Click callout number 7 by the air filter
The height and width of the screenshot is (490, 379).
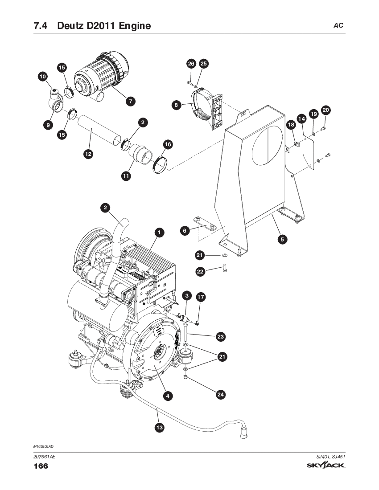(x=130, y=101)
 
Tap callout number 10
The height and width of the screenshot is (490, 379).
(x=42, y=77)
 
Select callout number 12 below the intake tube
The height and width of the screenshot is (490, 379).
(x=88, y=154)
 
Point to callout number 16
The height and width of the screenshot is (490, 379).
(x=168, y=144)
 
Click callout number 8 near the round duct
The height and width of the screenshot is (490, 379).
(x=177, y=105)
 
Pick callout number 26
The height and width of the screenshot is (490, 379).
(x=191, y=64)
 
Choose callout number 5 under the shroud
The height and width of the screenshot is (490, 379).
(x=282, y=239)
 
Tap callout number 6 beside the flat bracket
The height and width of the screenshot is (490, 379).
(x=185, y=231)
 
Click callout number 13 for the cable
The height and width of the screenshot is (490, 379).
(x=160, y=427)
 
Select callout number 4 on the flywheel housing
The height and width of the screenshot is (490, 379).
(x=168, y=396)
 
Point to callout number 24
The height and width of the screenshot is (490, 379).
(x=220, y=394)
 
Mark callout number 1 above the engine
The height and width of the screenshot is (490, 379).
(x=159, y=233)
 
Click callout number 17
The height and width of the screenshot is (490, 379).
(x=201, y=297)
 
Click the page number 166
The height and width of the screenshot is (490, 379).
(x=41, y=466)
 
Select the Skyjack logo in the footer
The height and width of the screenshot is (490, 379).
(x=326, y=465)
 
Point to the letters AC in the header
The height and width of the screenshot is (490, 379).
(x=338, y=26)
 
